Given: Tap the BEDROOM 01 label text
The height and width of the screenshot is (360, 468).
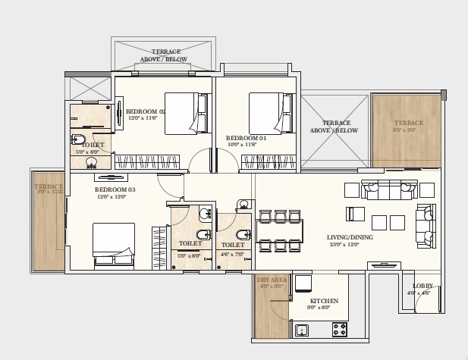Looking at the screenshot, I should (x=246, y=137).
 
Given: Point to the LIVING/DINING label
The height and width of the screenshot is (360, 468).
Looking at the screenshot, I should (x=348, y=236).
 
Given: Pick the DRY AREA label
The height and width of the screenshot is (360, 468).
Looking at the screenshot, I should (x=270, y=280).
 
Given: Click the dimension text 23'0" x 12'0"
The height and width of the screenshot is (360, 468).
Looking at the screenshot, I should (x=348, y=244).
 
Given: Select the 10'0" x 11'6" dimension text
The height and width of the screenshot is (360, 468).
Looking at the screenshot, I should (x=246, y=145).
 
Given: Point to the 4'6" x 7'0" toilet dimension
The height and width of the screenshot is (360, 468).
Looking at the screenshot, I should (x=233, y=253).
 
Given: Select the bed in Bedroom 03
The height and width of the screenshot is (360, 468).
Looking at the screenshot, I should (x=114, y=246).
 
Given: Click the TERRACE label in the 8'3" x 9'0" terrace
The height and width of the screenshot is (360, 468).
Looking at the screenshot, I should (x=408, y=123).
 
